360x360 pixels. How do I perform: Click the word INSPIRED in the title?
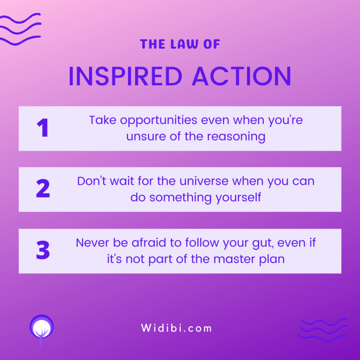click(126, 76)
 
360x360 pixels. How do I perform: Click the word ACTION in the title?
click(242, 76)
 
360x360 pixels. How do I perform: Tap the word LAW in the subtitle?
click(184, 44)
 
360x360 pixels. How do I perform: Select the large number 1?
click(43, 128)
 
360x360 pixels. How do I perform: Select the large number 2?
click(43, 188)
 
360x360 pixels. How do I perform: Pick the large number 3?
click(43, 250)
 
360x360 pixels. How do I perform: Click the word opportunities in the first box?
click(159, 121)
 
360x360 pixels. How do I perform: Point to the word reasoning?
click(236, 137)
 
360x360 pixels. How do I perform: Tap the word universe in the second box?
click(204, 181)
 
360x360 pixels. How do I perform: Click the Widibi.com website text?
click(176, 328)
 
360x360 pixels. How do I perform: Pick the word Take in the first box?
click(103, 120)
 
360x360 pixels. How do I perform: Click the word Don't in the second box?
click(92, 181)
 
